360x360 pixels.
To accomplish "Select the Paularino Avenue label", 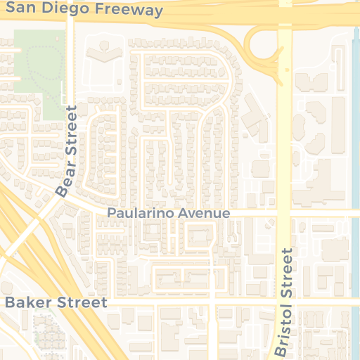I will (x=169, y=213).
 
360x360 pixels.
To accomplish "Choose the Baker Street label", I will (x=56, y=303).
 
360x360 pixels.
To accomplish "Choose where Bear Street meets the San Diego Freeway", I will (x=70, y=15).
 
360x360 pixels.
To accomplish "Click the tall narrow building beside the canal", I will (x=338, y=120).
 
